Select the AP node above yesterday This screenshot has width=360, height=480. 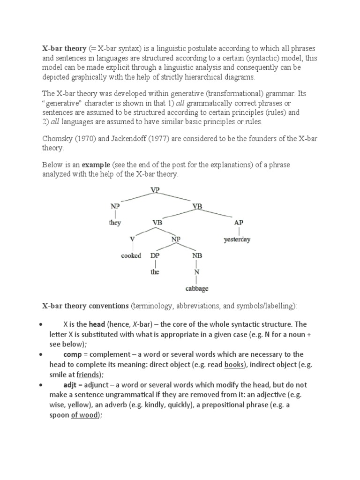click(239, 223)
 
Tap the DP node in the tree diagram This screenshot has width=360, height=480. click(155, 255)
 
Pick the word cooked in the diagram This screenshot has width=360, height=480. click(131, 255)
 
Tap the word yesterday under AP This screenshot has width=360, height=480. click(237, 239)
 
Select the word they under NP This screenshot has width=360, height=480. click(115, 223)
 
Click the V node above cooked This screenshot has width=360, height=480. click(133, 239)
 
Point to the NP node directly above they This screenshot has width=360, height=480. click(115, 206)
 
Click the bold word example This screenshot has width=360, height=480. click(96, 165)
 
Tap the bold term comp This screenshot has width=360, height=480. click(73, 354)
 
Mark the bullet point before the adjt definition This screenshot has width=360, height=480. click(42, 384)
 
